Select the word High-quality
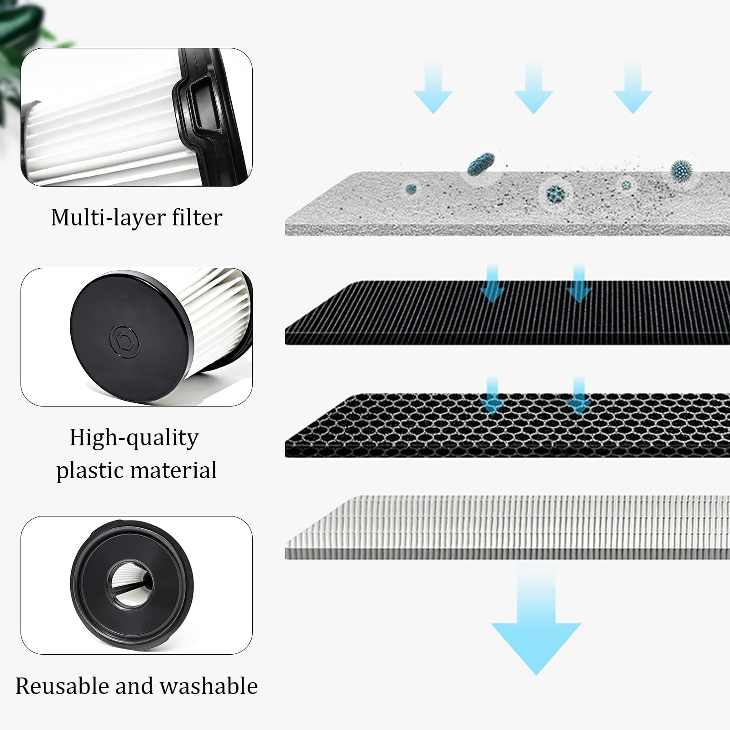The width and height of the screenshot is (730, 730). (134, 438)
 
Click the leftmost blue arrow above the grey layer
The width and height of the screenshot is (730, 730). (433, 89)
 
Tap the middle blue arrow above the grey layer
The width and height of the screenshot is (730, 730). (533, 89)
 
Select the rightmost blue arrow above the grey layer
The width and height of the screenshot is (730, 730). (633, 89)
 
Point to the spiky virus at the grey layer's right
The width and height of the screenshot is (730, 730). (681, 170)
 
